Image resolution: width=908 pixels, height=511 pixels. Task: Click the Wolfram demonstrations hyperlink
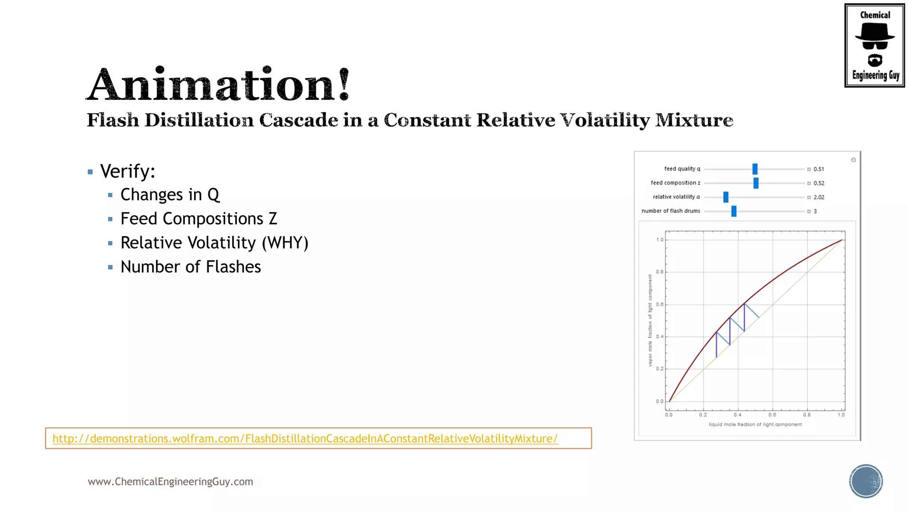305,439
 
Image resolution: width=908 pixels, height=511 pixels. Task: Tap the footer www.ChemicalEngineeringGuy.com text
170,482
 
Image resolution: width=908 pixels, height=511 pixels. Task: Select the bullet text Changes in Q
170,195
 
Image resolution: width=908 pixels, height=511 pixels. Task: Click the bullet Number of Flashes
191,267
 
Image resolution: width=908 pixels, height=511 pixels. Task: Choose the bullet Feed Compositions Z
199,219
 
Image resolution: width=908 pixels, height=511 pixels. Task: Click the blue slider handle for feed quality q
755,169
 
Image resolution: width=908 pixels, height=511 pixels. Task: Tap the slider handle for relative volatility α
726,197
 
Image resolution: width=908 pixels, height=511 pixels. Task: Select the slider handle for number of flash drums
734,211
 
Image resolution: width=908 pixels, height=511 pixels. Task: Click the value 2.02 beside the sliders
819,197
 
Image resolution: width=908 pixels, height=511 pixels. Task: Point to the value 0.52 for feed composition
819,183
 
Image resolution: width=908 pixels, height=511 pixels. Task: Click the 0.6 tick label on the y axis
660,305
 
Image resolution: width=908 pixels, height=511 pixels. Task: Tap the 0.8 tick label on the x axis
807,415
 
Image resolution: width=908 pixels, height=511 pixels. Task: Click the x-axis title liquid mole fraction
755,425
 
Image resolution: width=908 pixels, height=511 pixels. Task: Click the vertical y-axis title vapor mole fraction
650,320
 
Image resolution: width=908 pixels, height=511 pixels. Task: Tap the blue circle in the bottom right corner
866,481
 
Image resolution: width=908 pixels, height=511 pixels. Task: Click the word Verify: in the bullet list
128,172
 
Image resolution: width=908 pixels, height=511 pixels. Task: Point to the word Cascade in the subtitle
298,120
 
